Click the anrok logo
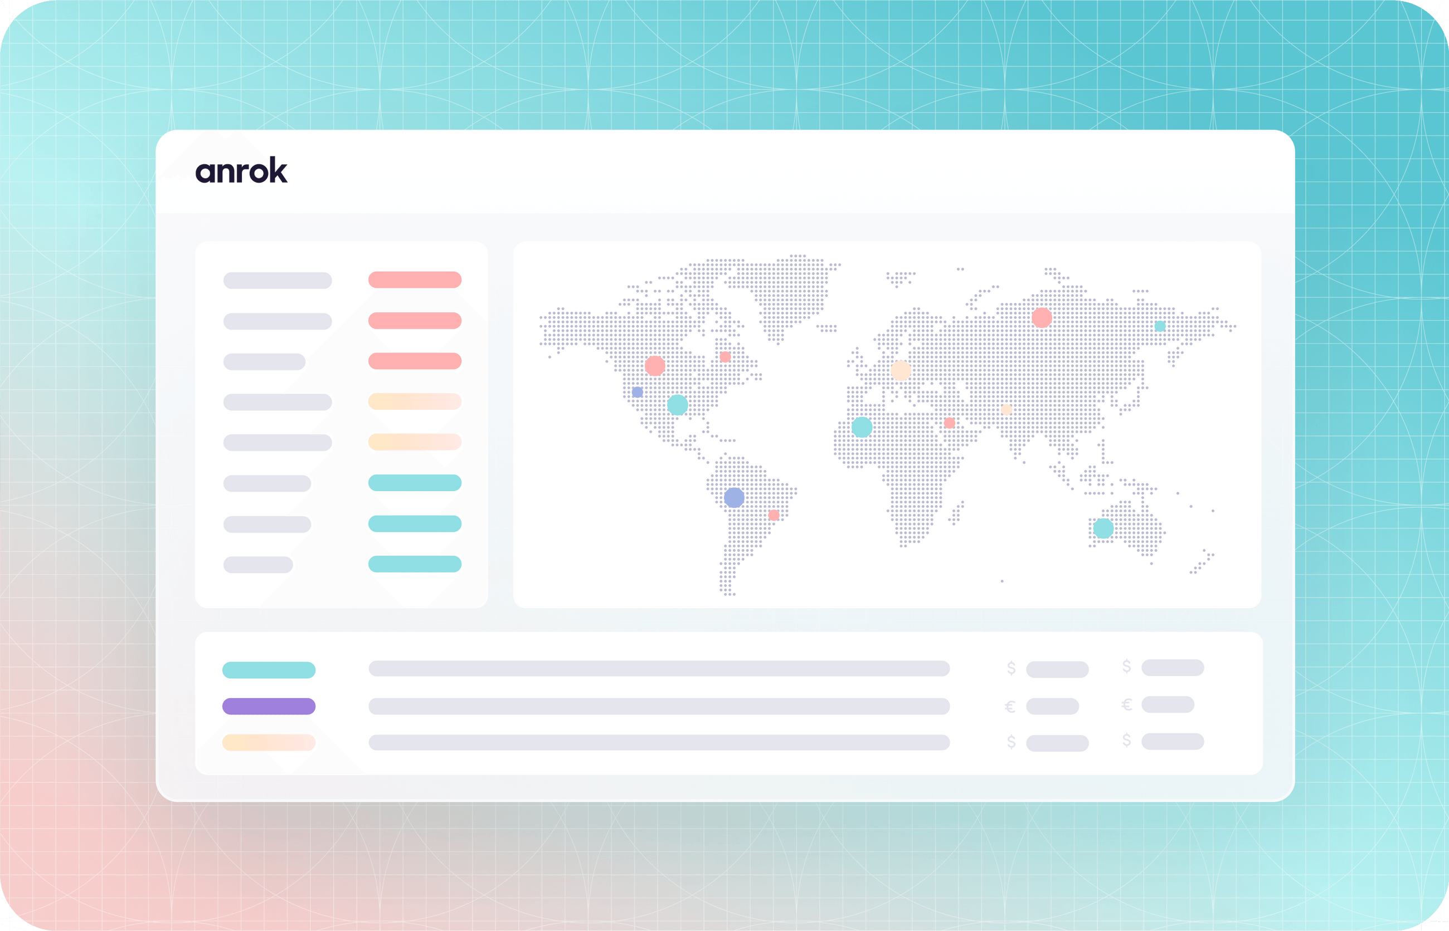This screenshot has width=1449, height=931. point(241,171)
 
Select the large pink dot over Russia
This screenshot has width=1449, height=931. point(1041,317)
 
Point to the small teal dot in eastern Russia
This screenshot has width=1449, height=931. point(1160,326)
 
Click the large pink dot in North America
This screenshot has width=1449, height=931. point(655,366)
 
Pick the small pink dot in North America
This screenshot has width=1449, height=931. point(726,357)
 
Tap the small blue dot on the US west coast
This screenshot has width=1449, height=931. point(637,393)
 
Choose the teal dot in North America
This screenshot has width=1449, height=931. point(677,404)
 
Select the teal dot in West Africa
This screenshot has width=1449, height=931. point(862,428)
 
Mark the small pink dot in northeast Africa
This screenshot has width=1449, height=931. point(949,423)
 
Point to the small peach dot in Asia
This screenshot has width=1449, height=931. point(1006,410)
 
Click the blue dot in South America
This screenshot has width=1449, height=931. point(734,498)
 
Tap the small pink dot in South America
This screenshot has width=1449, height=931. point(773,515)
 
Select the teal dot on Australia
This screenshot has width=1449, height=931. point(1103,528)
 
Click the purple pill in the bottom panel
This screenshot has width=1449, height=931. point(269,706)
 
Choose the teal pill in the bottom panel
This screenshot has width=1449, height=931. point(269,670)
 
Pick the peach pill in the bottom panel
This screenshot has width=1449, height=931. point(269,742)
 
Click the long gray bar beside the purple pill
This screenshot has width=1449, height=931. point(659,706)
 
